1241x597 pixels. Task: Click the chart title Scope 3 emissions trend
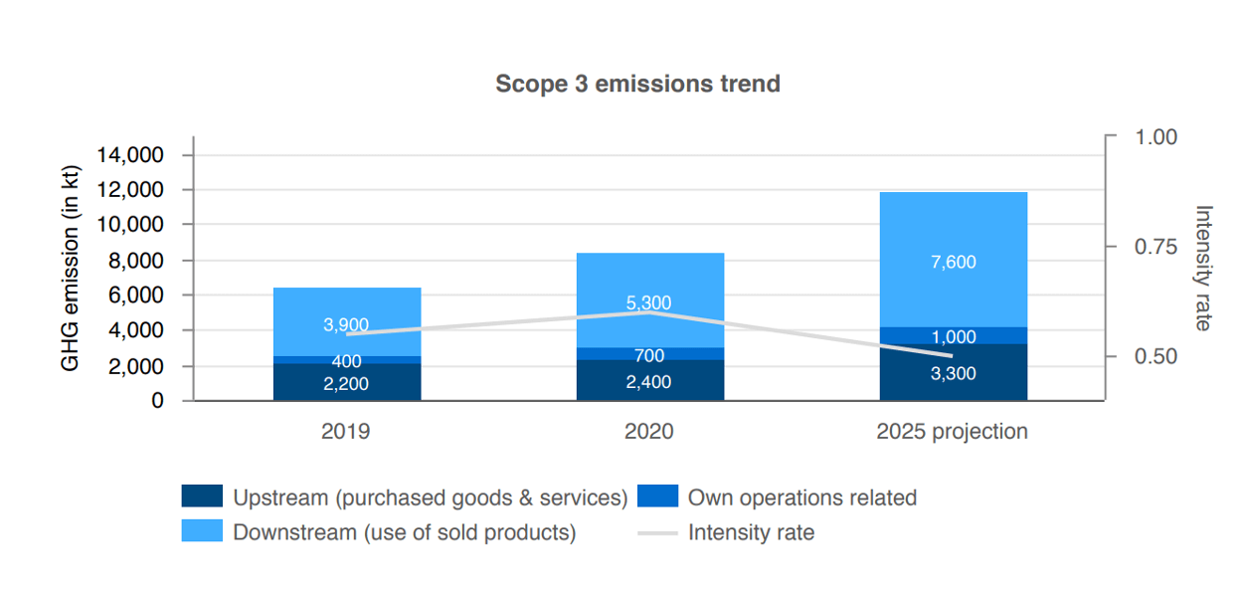click(x=637, y=84)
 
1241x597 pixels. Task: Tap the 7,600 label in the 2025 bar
click(x=953, y=263)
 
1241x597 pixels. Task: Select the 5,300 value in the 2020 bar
click(x=649, y=302)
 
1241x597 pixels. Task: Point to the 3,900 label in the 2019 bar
click(x=346, y=324)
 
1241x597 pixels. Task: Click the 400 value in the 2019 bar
click(x=346, y=361)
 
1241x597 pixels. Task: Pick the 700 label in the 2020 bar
click(x=649, y=355)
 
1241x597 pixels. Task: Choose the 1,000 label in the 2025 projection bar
click(x=953, y=337)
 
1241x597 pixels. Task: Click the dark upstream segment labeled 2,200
click(x=346, y=383)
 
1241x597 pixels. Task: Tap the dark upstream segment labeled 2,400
click(x=649, y=382)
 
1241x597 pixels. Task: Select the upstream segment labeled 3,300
click(x=953, y=374)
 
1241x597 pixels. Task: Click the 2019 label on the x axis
click(x=346, y=432)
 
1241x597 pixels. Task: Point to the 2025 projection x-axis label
click(x=952, y=432)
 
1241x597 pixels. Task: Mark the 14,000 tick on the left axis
click(x=130, y=155)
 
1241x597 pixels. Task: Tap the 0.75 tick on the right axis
click(x=1155, y=247)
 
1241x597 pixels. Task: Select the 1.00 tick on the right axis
click(x=1155, y=137)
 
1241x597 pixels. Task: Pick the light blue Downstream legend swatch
click(x=202, y=531)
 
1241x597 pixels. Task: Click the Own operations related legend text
click(x=801, y=497)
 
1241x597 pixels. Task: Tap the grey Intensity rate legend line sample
click(x=657, y=533)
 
